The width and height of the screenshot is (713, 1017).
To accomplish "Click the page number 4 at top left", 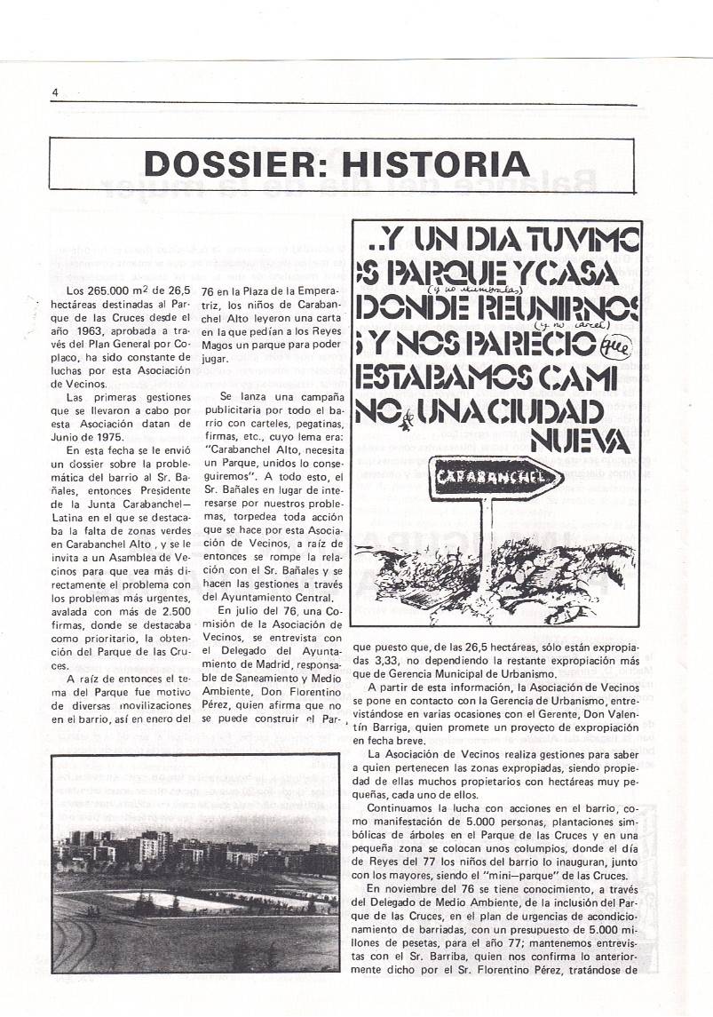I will point(55,93).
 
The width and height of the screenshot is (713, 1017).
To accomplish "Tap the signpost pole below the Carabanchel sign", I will point(488,533).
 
